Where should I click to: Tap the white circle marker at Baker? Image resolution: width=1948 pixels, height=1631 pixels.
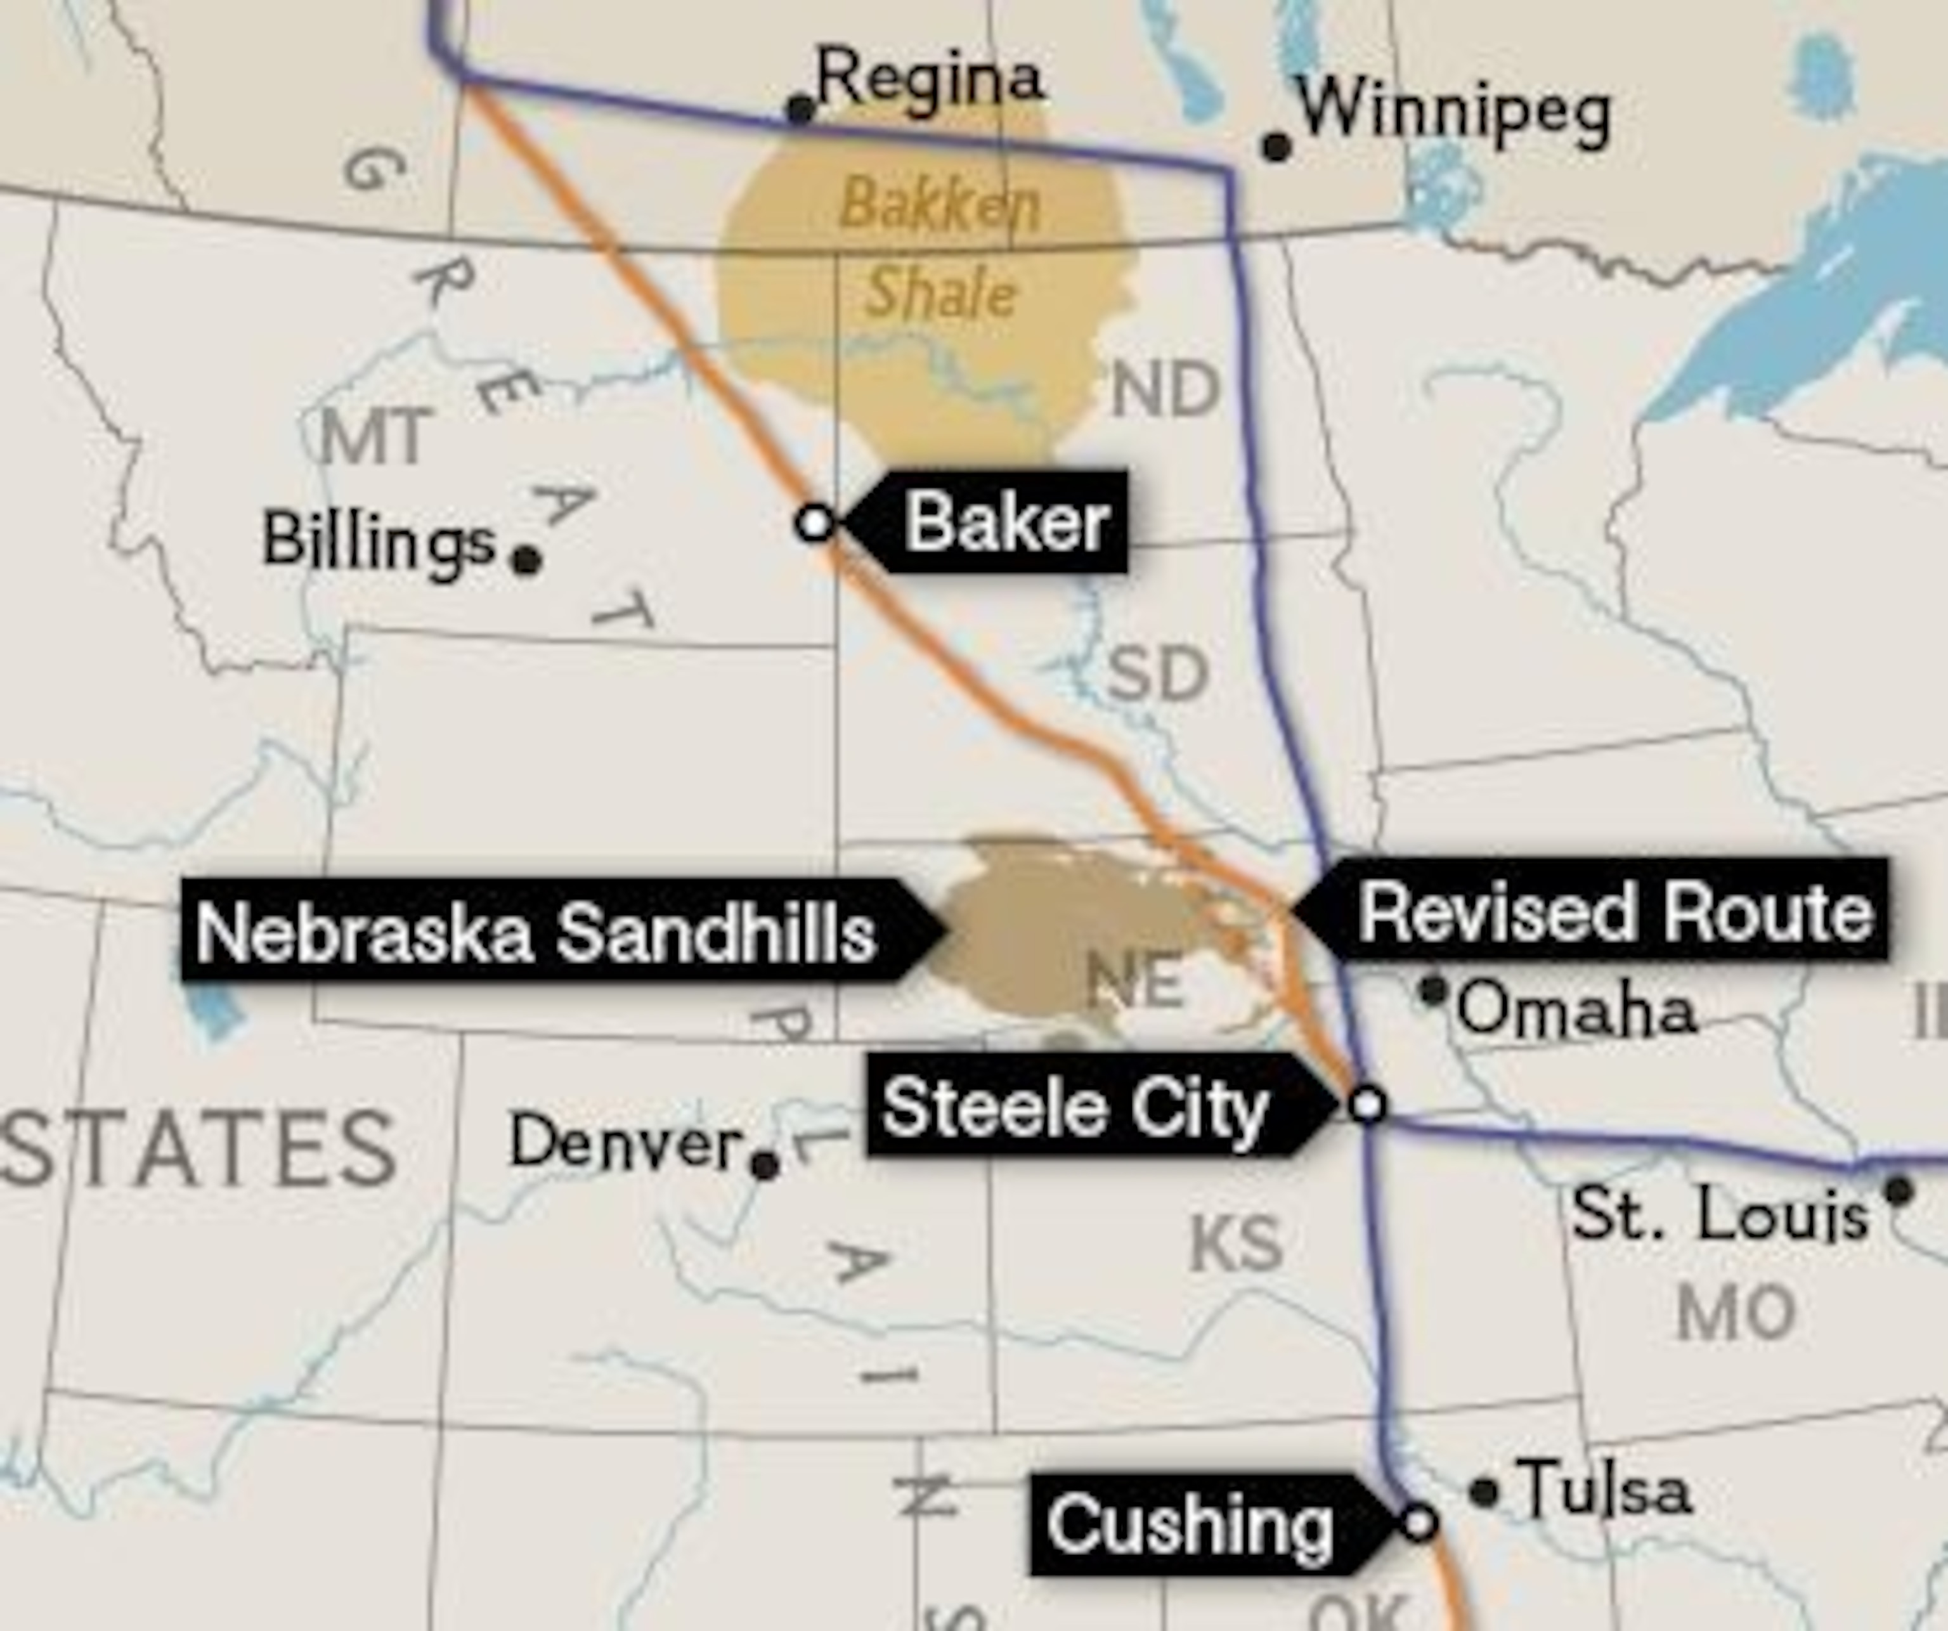tap(814, 523)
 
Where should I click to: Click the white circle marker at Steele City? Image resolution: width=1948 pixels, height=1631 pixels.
tap(1367, 1104)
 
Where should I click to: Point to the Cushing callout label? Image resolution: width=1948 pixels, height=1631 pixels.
tap(1190, 1524)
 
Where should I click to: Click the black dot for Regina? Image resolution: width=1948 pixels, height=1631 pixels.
tap(800, 108)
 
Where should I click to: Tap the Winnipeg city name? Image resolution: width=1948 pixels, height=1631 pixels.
tap(1453, 113)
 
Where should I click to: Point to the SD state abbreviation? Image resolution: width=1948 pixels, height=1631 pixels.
tap(1158, 675)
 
